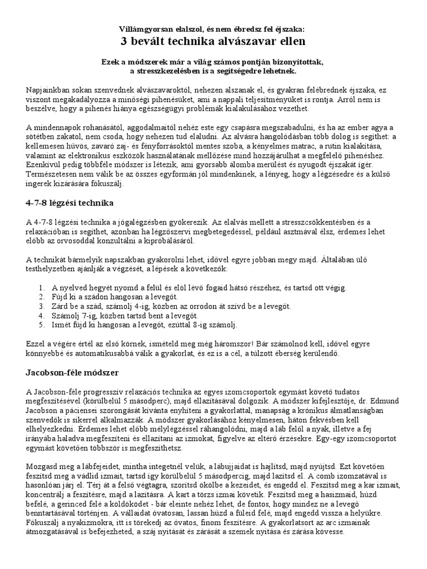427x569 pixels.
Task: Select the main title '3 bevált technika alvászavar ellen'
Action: coord(213,41)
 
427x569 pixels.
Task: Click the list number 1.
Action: coord(42,288)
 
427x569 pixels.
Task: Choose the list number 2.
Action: coord(42,297)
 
